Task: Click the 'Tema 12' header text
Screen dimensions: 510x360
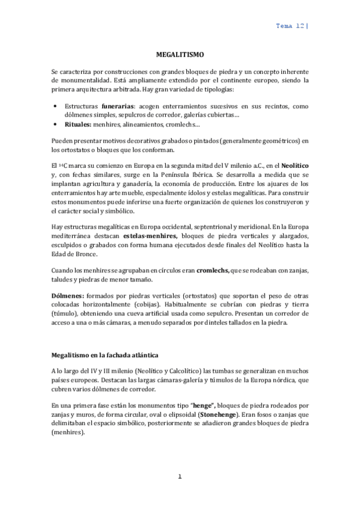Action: point(290,26)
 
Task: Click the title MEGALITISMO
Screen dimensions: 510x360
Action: point(180,54)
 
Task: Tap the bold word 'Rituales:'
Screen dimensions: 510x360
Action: point(78,124)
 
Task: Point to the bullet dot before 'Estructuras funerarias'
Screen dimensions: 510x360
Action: point(55,105)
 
